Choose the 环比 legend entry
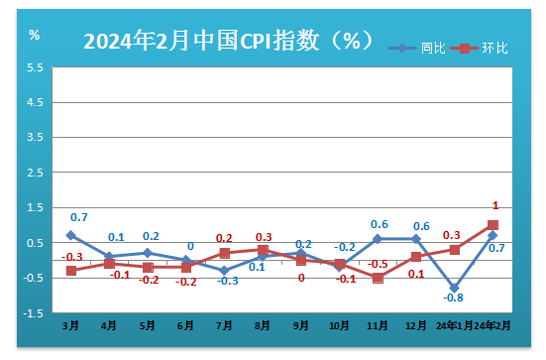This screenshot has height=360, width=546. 493,47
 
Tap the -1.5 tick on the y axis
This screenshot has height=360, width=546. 34,313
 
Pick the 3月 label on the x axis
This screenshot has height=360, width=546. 71,324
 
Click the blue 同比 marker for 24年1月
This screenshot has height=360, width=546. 454,288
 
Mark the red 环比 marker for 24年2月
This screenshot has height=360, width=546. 492,225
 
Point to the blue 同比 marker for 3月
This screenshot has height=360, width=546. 71,235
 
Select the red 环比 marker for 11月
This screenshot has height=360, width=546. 378,278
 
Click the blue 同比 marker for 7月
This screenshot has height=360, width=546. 225,271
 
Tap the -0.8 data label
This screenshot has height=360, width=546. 454,298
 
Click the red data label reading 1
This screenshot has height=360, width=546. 494,205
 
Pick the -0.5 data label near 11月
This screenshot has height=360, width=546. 378,264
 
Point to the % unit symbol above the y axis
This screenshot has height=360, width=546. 35,36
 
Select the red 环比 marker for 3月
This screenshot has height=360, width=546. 71,271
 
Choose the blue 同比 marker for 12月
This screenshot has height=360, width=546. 416,239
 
